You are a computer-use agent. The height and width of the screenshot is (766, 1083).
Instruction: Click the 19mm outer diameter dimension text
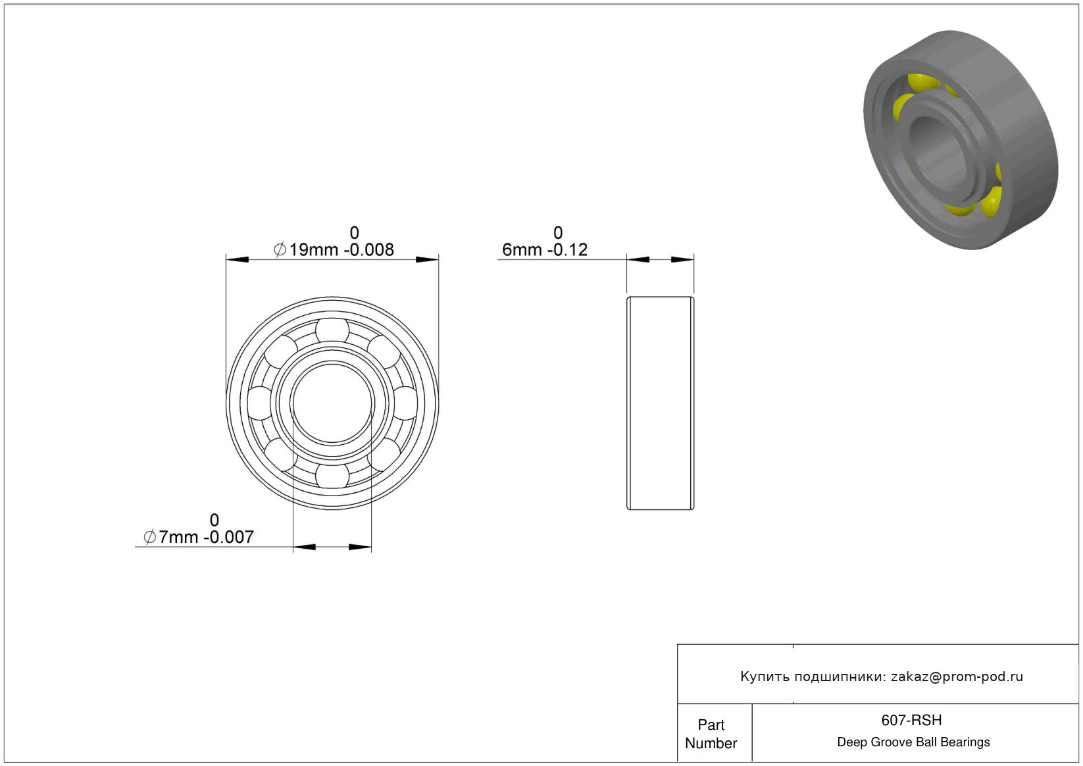click(334, 249)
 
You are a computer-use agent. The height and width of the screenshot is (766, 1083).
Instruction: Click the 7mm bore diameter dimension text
click(199, 537)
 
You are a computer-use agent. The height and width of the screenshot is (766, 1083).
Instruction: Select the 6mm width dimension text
click(545, 249)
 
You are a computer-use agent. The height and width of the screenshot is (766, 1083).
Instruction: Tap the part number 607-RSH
click(911, 720)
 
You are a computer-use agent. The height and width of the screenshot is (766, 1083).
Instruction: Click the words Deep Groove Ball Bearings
click(913, 742)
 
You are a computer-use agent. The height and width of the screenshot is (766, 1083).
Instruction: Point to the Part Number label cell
click(711, 734)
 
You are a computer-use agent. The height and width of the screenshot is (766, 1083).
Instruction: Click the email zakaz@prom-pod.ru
click(957, 677)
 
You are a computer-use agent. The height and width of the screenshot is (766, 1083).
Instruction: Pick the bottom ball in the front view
click(332, 476)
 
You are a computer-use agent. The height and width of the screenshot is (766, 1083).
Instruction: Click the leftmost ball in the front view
click(260, 403)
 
